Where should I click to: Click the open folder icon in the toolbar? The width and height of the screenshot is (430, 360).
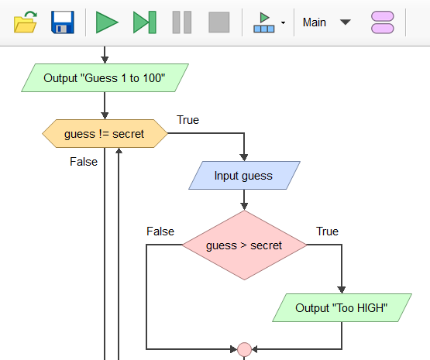pyautogui.click(x=26, y=22)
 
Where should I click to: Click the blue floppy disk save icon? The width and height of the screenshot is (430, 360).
pyautogui.click(x=63, y=22)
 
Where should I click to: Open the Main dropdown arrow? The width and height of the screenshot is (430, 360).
pyautogui.click(x=346, y=22)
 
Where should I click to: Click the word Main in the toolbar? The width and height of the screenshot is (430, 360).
pyautogui.click(x=315, y=22)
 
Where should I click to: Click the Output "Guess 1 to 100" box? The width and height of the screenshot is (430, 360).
pyautogui.click(x=105, y=78)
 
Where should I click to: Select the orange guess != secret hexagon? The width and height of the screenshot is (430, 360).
pyautogui.click(x=105, y=134)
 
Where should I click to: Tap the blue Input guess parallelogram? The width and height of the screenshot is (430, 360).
pyautogui.click(x=244, y=176)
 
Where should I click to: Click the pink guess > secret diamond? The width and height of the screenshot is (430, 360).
pyautogui.click(x=244, y=245)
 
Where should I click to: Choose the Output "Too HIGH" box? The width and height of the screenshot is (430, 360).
pyautogui.click(x=342, y=308)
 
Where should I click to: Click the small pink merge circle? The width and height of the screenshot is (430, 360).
pyautogui.click(x=244, y=349)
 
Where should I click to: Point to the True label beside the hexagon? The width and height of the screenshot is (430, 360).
pyautogui.click(x=187, y=120)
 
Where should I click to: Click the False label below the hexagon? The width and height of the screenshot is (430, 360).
pyautogui.click(x=84, y=162)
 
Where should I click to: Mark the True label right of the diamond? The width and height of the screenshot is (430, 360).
pyautogui.click(x=327, y=231)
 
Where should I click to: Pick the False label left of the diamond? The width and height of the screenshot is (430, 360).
pyautogui.click(x=160, y=231)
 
